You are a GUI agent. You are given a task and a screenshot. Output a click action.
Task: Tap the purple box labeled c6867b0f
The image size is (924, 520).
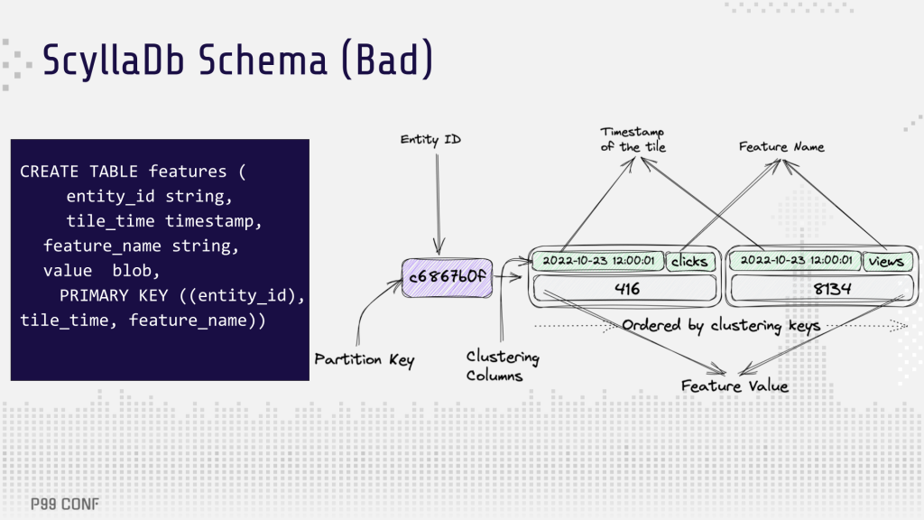pos(448,277)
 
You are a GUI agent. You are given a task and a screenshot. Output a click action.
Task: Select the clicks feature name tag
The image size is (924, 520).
pos(690,261)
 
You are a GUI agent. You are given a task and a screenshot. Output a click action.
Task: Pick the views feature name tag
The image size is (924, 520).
pos(888,261)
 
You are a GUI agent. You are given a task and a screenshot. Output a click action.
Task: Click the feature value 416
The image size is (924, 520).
pos(625,289)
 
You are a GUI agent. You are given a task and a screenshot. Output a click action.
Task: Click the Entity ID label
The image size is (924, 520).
pos(430,140)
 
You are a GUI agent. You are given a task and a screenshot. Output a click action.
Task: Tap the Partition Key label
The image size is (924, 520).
pos(365,359)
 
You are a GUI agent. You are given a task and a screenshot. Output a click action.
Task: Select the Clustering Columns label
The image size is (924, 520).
pos(503,366)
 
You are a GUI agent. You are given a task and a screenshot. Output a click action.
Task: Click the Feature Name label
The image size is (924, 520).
pos(781,147)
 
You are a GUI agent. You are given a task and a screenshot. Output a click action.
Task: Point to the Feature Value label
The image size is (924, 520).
pos(735,386)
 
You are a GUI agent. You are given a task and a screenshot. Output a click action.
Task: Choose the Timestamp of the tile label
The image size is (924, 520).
pos(633,140)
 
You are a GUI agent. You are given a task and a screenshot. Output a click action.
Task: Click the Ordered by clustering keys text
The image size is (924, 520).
pos(721,326)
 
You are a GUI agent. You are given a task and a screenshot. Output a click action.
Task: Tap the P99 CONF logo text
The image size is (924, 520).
pos(65,504)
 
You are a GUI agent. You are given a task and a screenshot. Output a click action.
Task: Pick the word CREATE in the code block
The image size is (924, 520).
pos(49,172)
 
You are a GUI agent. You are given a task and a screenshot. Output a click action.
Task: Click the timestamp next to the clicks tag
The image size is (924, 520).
pos(598,261)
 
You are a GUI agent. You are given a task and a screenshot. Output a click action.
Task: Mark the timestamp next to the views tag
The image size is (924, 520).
pos(796,261)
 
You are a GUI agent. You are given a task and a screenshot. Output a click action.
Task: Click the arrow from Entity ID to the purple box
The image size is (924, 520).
pos(438,204)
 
